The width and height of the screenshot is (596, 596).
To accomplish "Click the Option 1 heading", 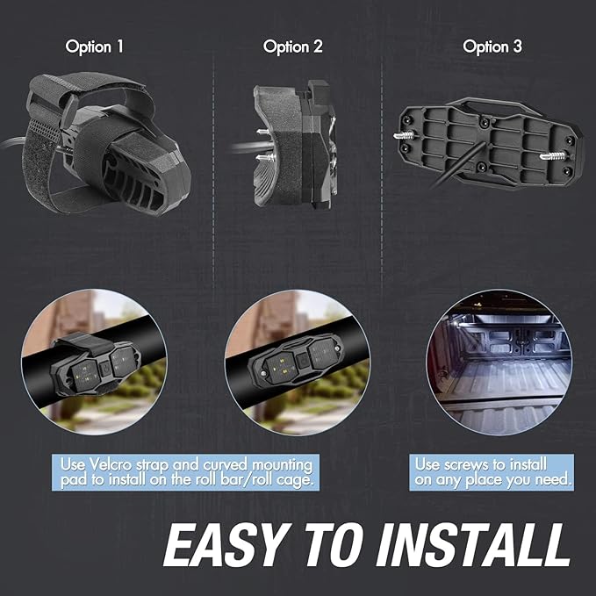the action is point(94,47).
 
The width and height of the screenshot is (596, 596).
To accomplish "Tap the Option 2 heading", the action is point(292,47).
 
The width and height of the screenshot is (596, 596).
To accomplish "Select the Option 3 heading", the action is point(492,47).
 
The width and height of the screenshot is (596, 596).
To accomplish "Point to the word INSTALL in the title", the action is point(473,545).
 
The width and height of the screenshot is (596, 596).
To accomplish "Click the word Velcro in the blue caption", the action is point(111,464).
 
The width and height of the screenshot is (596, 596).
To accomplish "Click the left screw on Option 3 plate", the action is point(406,135).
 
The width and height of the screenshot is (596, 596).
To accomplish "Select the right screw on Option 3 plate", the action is point(553,155).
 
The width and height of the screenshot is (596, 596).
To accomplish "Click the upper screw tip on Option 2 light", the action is point(262,132).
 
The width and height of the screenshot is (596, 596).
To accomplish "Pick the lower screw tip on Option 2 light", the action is point(262,157).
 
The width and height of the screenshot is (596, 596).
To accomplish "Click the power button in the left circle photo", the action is point(104,367).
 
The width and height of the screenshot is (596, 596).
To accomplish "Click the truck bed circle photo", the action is point(499,363).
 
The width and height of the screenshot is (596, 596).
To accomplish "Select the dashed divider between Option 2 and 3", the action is point(382,171).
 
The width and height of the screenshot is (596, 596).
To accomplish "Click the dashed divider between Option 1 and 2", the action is point(213,171).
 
